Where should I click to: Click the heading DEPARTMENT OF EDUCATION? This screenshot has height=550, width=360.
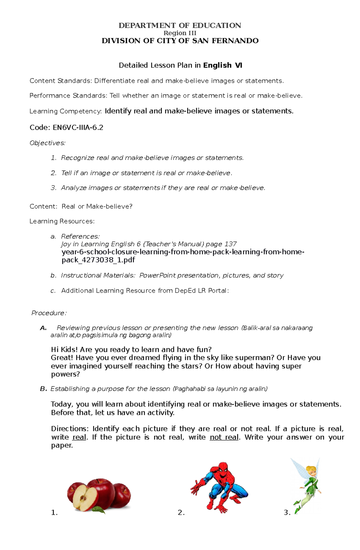tap(180, 25)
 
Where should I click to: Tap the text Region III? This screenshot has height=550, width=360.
tap(180, 33)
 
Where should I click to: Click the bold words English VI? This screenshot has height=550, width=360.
tap(223, 65)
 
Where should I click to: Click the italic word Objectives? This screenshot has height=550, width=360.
tap(47, 143)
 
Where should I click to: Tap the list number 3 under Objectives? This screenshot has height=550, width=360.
tap(53, 188)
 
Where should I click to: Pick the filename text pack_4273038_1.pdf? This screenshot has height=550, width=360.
tap(98, 260)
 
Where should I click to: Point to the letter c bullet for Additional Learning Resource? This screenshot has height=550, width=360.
tap(53, 291)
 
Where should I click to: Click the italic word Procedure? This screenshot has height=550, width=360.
tap(48, 313)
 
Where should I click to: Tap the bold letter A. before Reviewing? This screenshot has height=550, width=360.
tap(43, 328)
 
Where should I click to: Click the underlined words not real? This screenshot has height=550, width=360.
tap(224, 437)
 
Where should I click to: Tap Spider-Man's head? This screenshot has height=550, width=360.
tap(222, 470)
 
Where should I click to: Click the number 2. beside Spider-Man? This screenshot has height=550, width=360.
tap(181, 513)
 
